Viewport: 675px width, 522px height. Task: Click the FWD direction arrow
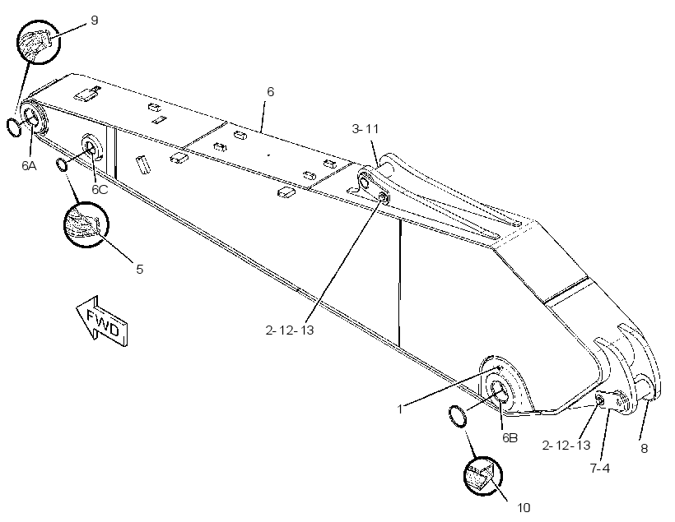(x=102, y=321)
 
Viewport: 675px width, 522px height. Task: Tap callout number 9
(x=95, y=21)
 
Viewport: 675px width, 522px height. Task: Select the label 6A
(x=30, y=165)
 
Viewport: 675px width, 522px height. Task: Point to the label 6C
(x=100, y=190)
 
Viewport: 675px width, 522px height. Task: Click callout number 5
(x=139, y=269)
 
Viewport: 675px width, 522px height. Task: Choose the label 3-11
(x=365, y=128)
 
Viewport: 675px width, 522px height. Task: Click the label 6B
(x=510, y=437)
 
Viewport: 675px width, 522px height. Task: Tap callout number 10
(x=524, y=508)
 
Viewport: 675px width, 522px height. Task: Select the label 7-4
(x=600, y=468)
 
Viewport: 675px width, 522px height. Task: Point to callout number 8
(x=644, y=449)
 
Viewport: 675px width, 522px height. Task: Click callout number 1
(x=400, y=409)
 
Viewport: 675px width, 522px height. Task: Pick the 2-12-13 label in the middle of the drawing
(x=290, y=330)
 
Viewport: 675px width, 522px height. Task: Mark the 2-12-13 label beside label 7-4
(x=566, y=445)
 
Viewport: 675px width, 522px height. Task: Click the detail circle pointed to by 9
(x=39, y=42)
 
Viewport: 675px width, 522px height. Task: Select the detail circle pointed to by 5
(x=86, y=224)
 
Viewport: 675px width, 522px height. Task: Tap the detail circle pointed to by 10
(x=483, y=476)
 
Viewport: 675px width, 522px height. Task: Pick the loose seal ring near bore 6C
(x=62, y=164)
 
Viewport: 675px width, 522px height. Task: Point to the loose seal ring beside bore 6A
(x=14, y=127)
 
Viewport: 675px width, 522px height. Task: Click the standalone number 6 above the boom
(x=270, y=91)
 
